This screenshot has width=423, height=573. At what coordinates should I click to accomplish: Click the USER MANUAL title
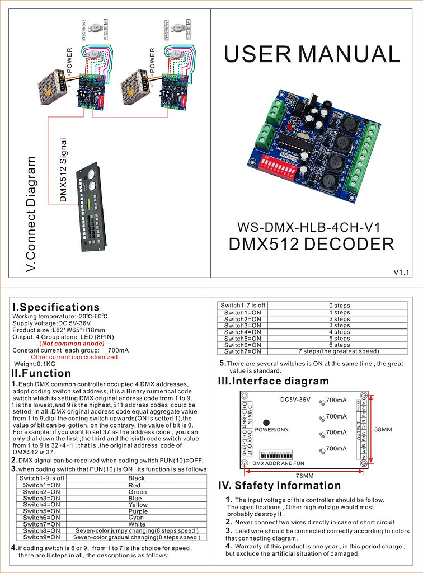(x=312, y=54)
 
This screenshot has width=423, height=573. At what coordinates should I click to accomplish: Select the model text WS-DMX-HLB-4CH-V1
(x=309, y=228)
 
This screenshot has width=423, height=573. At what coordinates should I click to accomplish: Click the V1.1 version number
(x=402, y=273)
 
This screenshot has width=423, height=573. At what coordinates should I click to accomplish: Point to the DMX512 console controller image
(x=91, y=206)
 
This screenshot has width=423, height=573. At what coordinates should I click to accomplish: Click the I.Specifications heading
(x=56, y=307)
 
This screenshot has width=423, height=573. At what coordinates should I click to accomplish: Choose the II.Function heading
(x=41, y=373)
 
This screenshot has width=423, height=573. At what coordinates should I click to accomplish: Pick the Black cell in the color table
(x=137, y=478)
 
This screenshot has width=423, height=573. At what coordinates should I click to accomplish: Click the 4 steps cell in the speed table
(x=339, y=332)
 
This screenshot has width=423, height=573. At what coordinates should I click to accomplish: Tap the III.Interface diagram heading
(x=273, y=381)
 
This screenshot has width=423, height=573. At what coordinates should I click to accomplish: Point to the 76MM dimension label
(x=302, y=475)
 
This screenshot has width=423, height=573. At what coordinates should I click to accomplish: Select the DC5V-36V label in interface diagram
(x=296, y=400)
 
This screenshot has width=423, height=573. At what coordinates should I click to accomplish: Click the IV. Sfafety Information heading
(x=279, y=485)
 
